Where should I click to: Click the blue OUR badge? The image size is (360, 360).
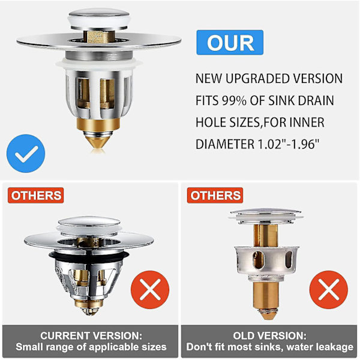click(230, 42)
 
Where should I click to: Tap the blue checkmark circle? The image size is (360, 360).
click(26, 154)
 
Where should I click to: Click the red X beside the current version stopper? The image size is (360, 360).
click(150, 290)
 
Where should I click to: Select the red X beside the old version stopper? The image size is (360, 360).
click(329, 290)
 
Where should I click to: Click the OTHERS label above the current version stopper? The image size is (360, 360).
click(36, 196)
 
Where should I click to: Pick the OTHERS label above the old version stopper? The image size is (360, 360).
click(215, 196)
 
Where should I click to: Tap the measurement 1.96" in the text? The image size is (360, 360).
click(305, 144)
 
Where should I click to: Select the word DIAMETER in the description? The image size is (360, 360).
click(225, 144)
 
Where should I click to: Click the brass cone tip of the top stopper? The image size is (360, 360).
click(98, 142)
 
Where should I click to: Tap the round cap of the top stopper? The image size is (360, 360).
click(99, 19)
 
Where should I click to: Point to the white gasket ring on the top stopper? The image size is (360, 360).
click(99, 65)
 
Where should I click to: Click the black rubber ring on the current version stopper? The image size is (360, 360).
click(89, 255)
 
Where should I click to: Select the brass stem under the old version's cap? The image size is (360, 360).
click(266, 235)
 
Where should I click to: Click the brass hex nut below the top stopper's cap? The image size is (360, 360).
click(99, 37)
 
